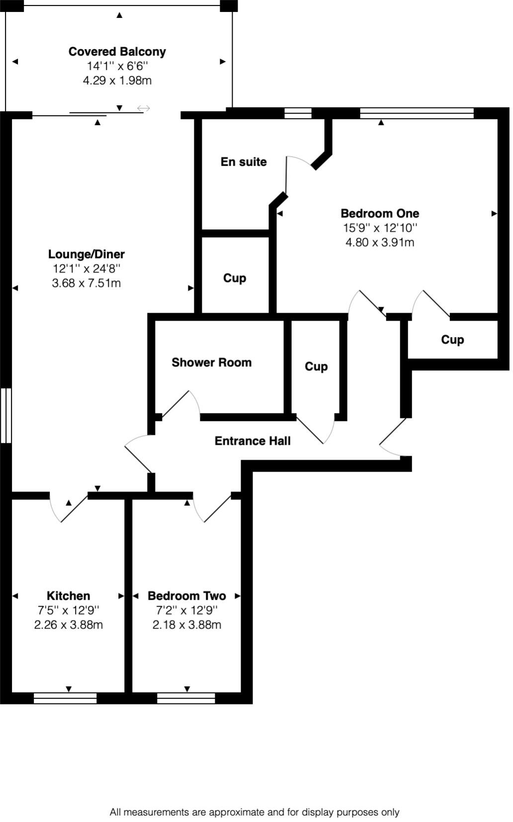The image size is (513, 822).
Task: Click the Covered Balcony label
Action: (x=117, y=52)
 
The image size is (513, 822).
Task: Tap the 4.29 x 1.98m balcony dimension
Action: (x=117, y=80)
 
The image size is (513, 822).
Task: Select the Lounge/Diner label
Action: (x=86, y=254)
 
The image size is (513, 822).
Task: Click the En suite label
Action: (x=244, y=162)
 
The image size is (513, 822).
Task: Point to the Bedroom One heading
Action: (x=380, y=213)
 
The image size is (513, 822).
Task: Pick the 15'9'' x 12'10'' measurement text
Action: (x=380, y=228)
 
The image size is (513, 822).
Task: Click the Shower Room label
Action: (x=212, y=362)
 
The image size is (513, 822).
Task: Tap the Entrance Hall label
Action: (x=253, y=441)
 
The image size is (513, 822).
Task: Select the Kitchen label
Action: (x=69, y=596)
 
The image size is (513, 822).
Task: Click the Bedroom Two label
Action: (x=187, y=596)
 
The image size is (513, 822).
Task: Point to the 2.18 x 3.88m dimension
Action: (x=187, y=624)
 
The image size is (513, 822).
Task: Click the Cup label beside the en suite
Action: (x=235, y=278)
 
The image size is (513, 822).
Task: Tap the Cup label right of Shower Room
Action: (x=316, y=366)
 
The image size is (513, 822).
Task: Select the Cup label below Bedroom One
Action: (x=452, y=340)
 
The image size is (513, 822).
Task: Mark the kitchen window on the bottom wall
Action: (x=65, y=698)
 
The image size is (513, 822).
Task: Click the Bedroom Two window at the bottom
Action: (x=186, y=698)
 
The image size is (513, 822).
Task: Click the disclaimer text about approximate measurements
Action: (x=255, y=812)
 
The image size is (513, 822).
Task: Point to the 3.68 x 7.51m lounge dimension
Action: (x=86, y=283)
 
